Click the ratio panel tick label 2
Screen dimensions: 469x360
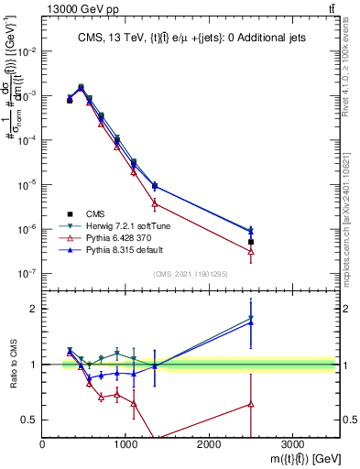(x=34, y=309)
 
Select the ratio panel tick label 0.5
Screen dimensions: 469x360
(x=30, y=420)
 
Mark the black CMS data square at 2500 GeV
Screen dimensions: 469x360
(x=251, y=242)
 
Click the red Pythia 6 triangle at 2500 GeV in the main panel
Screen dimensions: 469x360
(x=251, y=251)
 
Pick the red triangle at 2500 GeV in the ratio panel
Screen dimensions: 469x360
(x=251, y=403)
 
